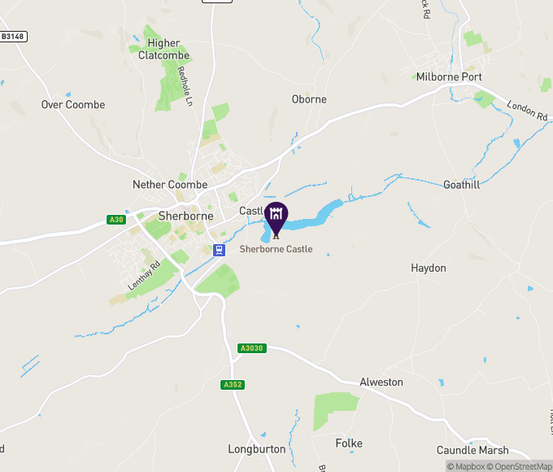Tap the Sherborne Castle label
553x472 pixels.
pyautogui.click(x=276, y=250)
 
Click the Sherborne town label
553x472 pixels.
pyautogui.click(x=186, y=216)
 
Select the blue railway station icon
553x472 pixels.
pyautogui.click(x=219, y=250)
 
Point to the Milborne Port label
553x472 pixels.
pyautogui.click(x=449, y=77)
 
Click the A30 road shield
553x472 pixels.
pyautogui.click(x=116, y=220)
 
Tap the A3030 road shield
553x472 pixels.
pyautogui.click(x=252, y=348)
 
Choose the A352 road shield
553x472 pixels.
pyautogui.click(x=233, y=385)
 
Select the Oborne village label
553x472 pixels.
pyautogui.click(x=309, y=99)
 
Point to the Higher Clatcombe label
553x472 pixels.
pyautogui.click(x=163, y=50)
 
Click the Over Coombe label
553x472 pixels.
pyautogui.click(x=73, y=105)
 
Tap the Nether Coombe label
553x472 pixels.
pyautogui.click(x=170, y=186)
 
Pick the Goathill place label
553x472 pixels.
pyautogui.click(x=462, y=185)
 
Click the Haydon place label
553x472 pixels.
pyautogui.click(x=429, y=268)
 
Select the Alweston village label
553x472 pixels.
pyautogui.click(x=381, y=382)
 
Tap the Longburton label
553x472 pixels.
pyautogui.click(x=257, y=449)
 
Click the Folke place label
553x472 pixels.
pyautogui.click(x=349, y=444)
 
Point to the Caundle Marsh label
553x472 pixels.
pyautogui.click(x=472, y=450)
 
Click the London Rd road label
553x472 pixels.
pyautogui.click(x=527, y=111)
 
